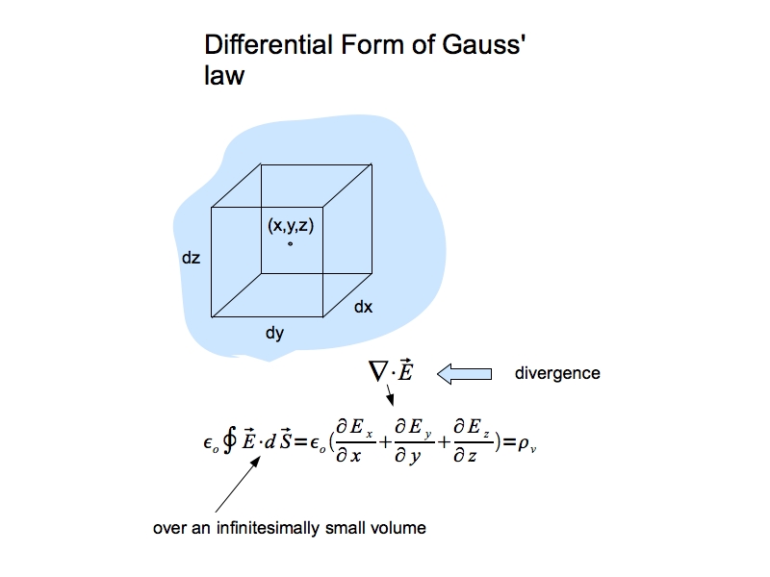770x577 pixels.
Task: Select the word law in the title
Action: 223,76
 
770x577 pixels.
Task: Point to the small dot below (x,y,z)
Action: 290,243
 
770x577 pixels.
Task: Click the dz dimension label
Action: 190,259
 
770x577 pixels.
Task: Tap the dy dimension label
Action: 274,334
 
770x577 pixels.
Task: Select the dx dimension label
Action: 363,308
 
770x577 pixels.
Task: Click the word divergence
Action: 557,373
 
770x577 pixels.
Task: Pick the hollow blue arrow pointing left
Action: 464,372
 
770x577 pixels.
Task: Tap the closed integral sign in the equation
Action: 229,441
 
